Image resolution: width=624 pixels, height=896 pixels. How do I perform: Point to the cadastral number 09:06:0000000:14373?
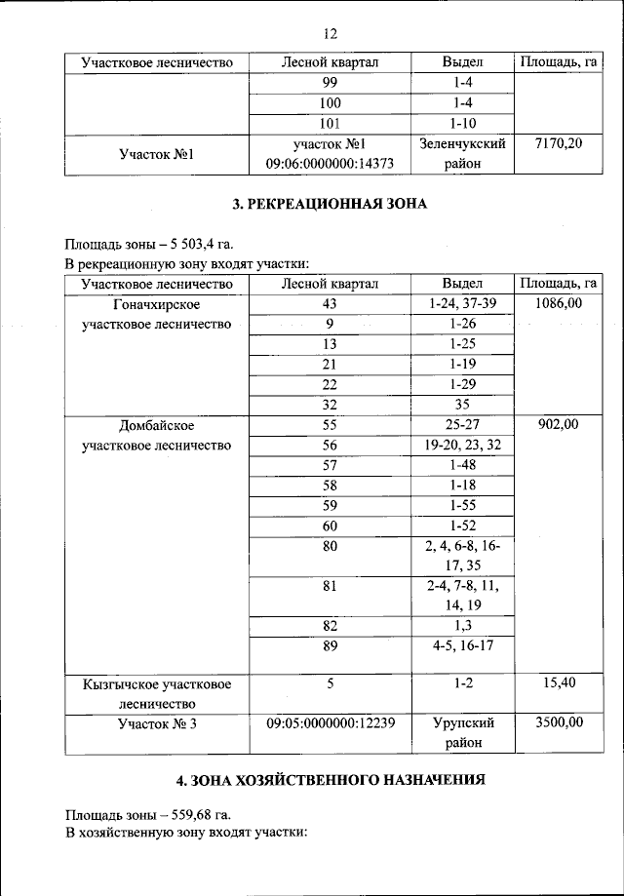click(330, 164)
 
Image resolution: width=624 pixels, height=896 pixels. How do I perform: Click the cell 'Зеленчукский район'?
click(462, 153)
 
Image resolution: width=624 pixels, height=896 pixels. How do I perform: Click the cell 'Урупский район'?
click(462, 732)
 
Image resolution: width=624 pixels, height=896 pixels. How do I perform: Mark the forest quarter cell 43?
click(330, 304)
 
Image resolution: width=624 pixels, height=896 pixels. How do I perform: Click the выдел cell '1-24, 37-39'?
click(462, 304)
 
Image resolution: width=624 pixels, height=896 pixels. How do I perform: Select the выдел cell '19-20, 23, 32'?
click(462, 445)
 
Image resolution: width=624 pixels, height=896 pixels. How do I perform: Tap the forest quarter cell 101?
click(330, 123)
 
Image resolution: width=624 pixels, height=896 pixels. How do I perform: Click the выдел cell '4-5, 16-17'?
click(462, 644)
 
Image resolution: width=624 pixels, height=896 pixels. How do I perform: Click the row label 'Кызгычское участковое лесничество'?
click(157, 692)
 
